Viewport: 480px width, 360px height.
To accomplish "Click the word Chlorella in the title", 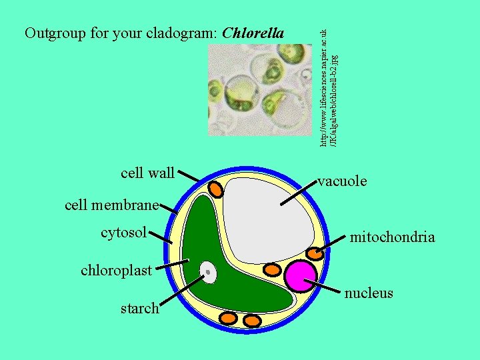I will (253, 33).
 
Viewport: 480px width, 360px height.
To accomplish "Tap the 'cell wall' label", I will (147, 174).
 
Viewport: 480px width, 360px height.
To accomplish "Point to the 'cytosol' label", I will (123, 233).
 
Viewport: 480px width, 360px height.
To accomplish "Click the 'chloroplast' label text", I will (117, 270).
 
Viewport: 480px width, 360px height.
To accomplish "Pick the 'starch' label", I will (139, 308).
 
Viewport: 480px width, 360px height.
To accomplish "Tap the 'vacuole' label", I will (342, 181).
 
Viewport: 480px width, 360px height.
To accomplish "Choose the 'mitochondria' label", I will (393, 237).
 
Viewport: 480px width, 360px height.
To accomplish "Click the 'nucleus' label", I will (369, 293).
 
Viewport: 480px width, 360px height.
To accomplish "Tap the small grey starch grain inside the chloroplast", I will (209, 271).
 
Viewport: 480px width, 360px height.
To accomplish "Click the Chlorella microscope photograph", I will (260, 87).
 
